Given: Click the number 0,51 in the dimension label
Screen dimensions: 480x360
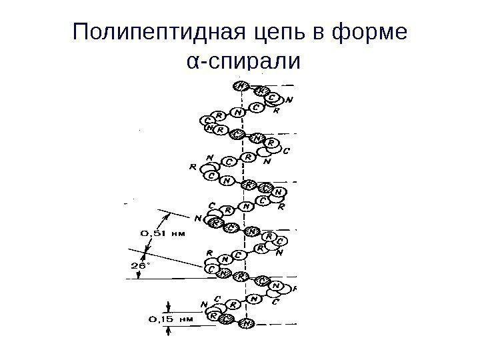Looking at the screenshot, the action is (153, 234).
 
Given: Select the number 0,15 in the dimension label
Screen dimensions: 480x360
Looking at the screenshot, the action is (159, 319).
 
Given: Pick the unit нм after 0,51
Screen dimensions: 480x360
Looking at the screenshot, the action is (177, 234).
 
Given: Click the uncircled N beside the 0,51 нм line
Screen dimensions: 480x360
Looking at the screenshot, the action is (198, 217).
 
